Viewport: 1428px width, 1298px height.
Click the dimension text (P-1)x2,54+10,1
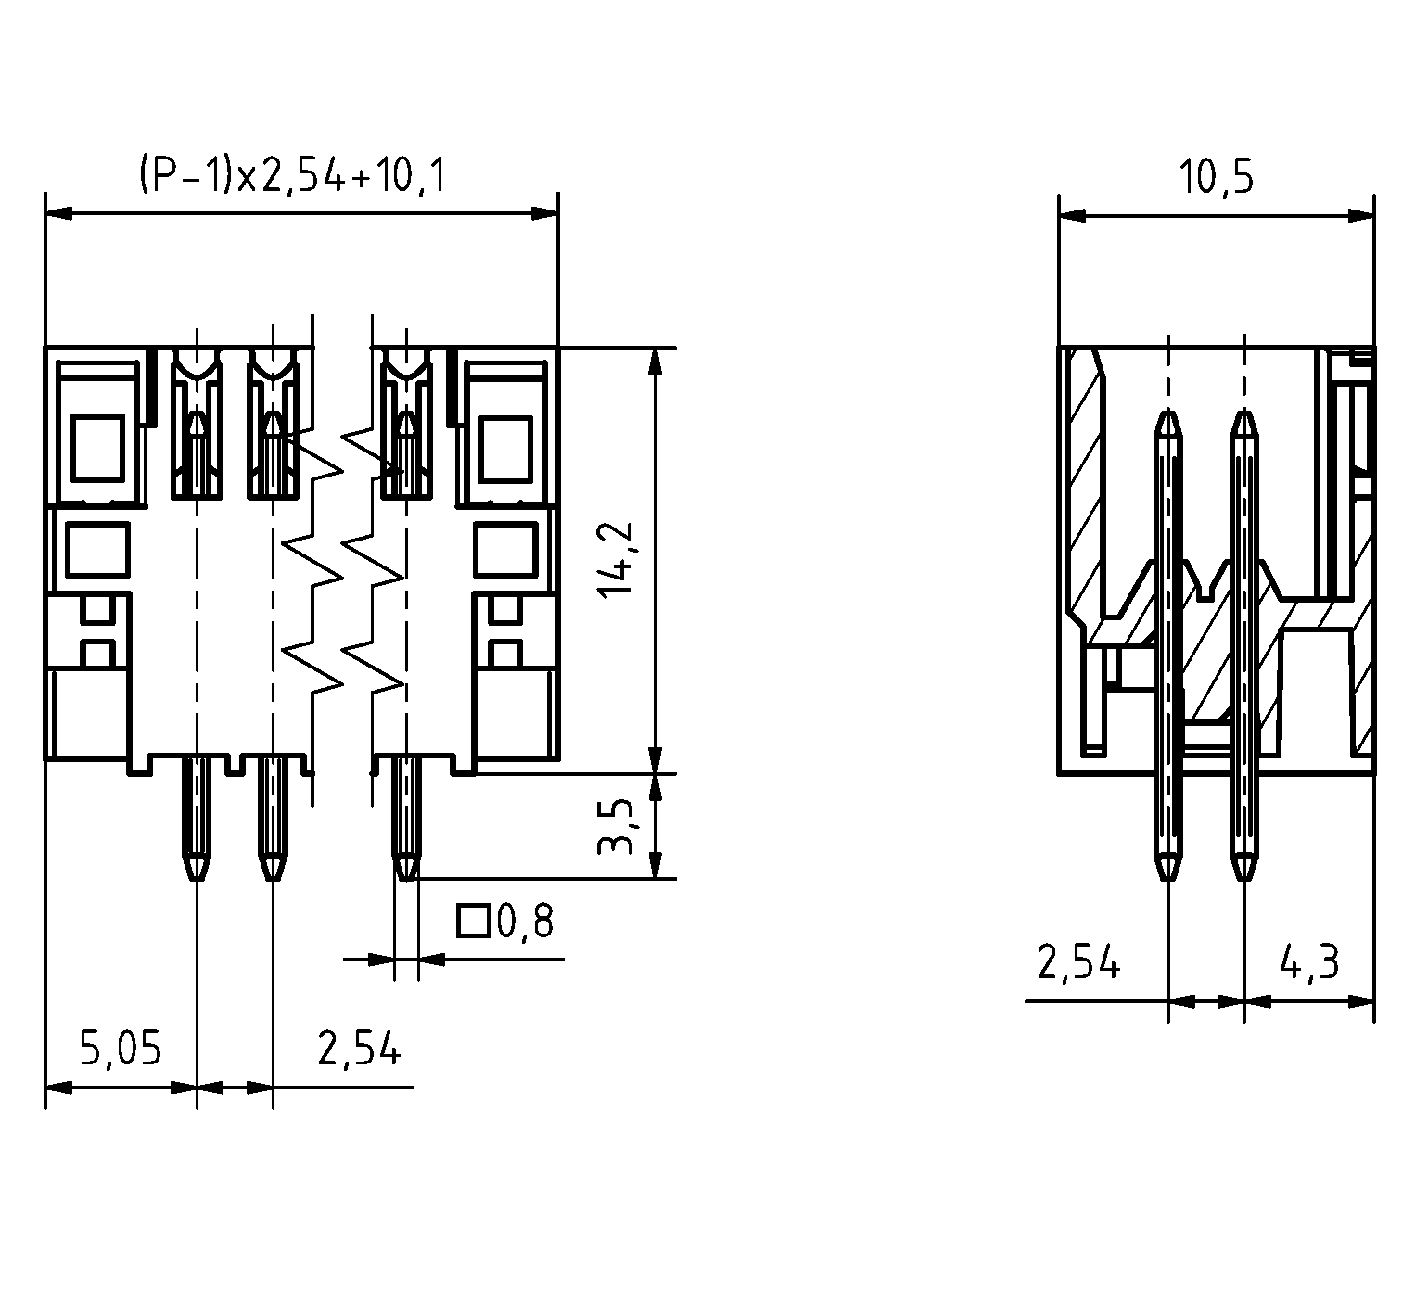tap(292, 175)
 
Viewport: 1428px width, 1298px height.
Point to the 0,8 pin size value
tap(526, 922)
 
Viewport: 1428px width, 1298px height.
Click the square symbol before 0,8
tap(474, 921)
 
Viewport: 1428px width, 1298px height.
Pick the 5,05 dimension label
tap(121, 1049)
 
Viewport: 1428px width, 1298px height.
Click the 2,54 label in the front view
tap(359, 1049)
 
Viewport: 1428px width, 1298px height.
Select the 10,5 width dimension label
tap(1216, 177)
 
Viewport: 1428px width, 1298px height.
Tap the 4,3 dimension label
tap(1309, 963)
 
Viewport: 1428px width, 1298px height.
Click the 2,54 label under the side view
tap(1078, 963)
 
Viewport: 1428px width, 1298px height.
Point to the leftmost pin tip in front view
tap(196, 880)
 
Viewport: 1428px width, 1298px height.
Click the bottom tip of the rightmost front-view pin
tap(404, 880)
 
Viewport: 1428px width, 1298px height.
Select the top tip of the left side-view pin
tap(1168, 410)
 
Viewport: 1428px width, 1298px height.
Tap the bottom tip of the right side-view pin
tap(1244, 878)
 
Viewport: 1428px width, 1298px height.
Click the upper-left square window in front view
tap(97, 447)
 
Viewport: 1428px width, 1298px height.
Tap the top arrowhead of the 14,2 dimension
tap(656, 361)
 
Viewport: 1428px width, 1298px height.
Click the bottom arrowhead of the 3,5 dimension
tap(656, 864)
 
